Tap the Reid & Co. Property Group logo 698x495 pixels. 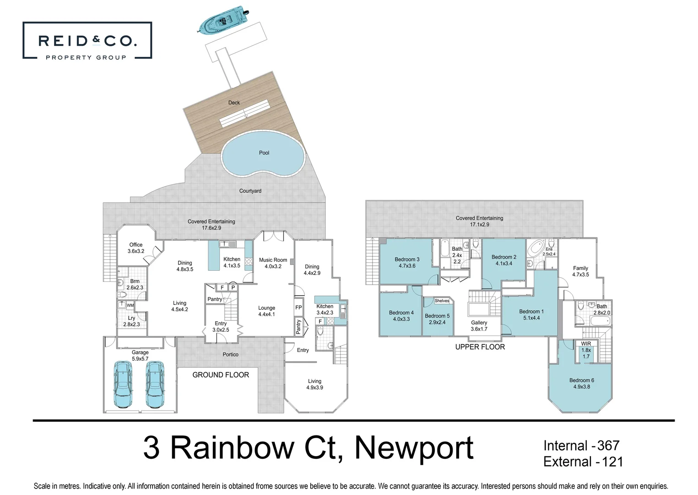tap(87, 41)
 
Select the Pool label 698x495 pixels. tap(264, 153)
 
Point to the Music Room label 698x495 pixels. tap(273, 260)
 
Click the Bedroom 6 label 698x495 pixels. tap(582, 380)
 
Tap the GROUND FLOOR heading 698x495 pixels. tap(221, 375)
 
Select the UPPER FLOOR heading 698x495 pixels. tap(480, 347)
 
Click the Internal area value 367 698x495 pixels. tap(608, 445)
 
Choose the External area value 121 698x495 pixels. tap(612, 462)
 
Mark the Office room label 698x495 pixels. tap(136, 245)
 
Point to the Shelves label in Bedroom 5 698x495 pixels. tap(442, 301)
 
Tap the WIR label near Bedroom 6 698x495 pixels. tap(586, 344)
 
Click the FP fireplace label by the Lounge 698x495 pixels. tap(298, 308)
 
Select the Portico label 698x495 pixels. tap(231, 354)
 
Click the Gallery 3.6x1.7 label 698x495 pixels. tap(479, 325)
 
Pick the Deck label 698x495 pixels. tap(234, 103)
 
